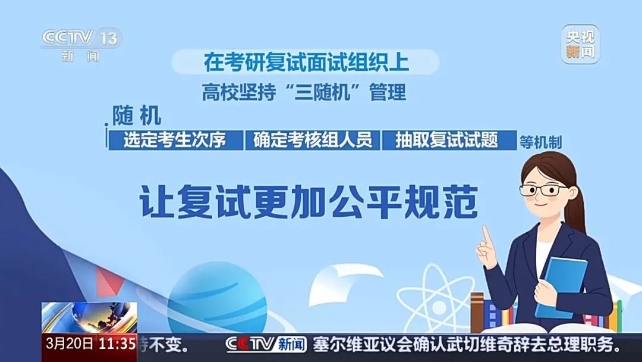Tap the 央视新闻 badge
pyautogui.click(x=580, y=44)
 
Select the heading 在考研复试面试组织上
pyautogui.click(x=306, y=62)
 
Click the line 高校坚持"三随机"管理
pyautogui.click(x=304, y=93)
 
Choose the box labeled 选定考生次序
pyautogui.click(x=176, y=140)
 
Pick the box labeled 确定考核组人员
pyautogui.click(x=313, y=140)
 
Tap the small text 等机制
pyautogui.click(x=540, y=142)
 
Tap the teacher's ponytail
pyautogui.click(x=575, y=208)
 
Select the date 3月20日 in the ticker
pyautogui.click(x=69, y=344)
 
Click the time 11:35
pyautogui.click(x=117, y=344)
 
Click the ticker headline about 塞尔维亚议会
pyautogui.click(x=467, y=344)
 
